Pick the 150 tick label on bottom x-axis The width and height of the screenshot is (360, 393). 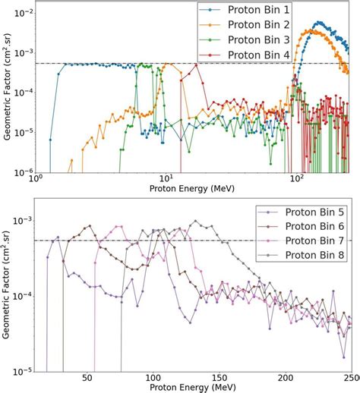point(219,377)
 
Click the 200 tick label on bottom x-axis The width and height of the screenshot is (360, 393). point(286,377)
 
